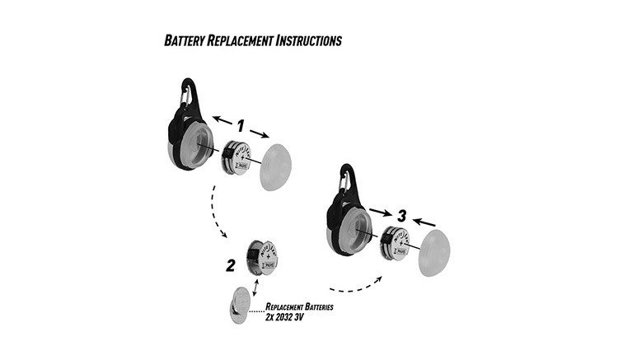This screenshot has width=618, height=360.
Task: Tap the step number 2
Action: tap(231, 265)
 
